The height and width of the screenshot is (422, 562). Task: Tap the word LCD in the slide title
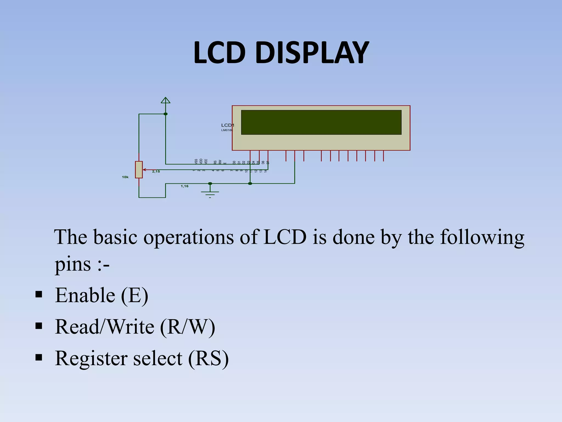click(219, 52)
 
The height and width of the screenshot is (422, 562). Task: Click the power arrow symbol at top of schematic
click(165, 101)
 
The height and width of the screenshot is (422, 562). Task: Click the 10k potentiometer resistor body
click(139, 170)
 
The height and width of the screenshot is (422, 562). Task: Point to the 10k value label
click(125, 177)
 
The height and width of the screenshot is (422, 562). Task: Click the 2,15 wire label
click(156, 171)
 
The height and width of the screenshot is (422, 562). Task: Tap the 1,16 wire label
click(184, 186)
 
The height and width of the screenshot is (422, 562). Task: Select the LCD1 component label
click(227, 125)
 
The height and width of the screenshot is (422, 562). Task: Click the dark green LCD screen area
click(321, 122)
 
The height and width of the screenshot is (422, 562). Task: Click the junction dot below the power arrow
click(165, 114)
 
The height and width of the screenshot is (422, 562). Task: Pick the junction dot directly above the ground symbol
click(210, 184)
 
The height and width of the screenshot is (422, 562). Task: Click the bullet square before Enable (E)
click(39, 295)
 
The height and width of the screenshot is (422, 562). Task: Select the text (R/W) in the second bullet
click(187, 327)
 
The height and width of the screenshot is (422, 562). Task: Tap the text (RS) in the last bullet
click(208, 359)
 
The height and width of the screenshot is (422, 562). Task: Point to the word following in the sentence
click(482, 237)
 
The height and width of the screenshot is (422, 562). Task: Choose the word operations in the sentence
click(189, 237)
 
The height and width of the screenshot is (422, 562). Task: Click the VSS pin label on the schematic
click(196, 161)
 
